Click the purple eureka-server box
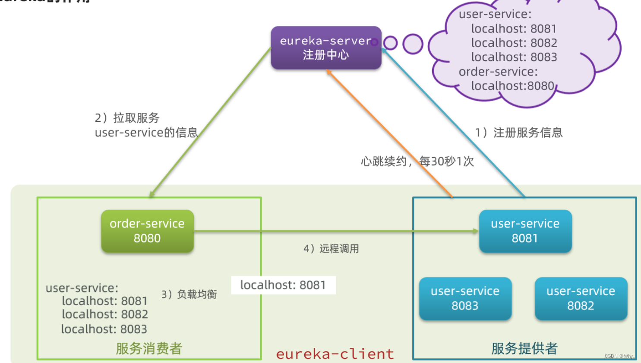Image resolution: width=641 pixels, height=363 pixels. point(326,48)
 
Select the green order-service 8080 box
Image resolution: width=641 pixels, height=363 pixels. point(147,231)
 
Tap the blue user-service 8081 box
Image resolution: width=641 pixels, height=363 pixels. point(525,231)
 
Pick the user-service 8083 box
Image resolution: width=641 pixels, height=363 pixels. point(465,298)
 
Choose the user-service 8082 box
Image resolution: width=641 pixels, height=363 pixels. point(581,298)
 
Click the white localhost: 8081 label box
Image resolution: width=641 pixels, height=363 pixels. point(283,285)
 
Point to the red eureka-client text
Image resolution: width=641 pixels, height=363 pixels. point(335,354)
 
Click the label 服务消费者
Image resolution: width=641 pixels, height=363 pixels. point(149,348)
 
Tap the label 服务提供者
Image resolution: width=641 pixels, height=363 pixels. point(524,348)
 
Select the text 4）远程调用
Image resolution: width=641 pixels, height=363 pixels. point(331,248)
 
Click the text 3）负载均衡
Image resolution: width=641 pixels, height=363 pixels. point(189,294)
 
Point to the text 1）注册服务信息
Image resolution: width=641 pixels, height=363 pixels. point(519,133)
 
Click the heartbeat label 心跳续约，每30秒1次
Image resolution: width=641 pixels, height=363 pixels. point(417,162)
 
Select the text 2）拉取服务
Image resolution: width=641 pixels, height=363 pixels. point(127,118)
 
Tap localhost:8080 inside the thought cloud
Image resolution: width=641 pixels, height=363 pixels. point(512,86)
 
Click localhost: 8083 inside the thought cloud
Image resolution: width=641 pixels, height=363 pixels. point(514,57)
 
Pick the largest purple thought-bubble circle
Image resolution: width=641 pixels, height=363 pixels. point(413,44)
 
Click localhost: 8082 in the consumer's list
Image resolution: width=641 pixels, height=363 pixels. point(105,314)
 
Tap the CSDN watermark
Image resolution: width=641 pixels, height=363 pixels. point(619,356)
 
